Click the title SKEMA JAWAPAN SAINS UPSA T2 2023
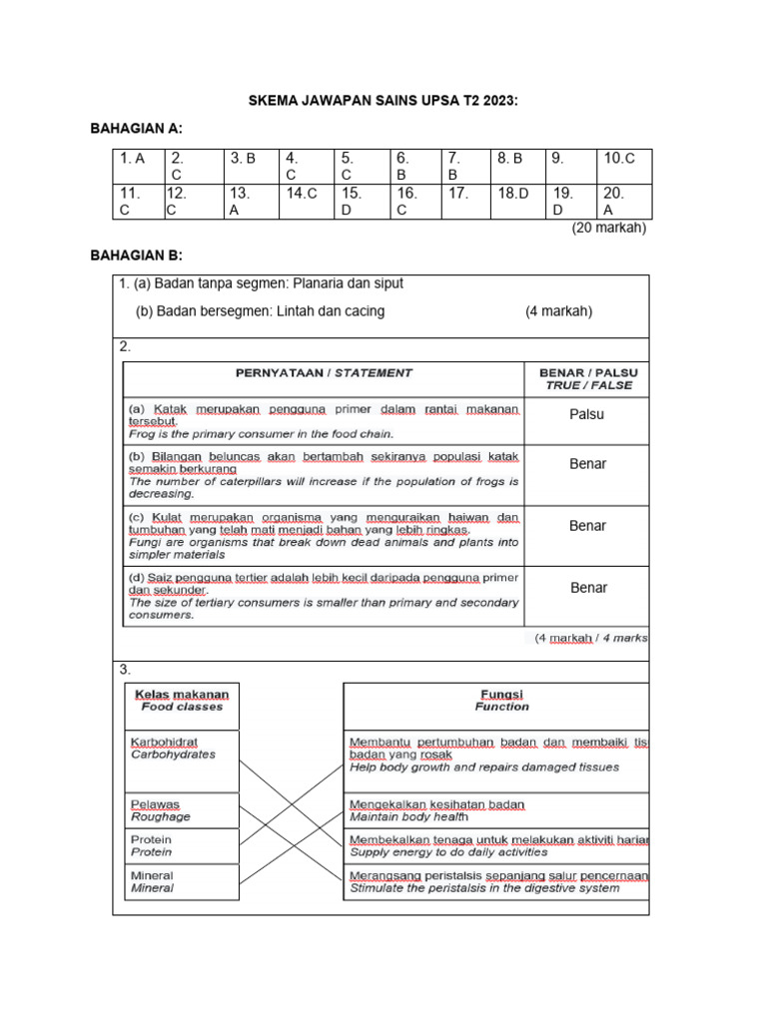pyautogui.click(x=383, y=102)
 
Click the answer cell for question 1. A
pyautogui.click(x=134, y=159)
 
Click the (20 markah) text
pyautogui.click(x=608, y=228)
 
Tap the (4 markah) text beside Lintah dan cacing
pyautogui.click(x=558, y=311)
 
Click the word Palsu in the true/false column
pyautogui.click(x=587, y=414)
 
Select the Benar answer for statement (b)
pyautogui.click(x=587, y=464)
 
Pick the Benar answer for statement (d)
pyautogui.click(x=588, y=588)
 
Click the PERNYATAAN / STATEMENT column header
pyautogui.click(x=323, y=372)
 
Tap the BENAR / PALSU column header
pyautogui.click(x=587, y=378)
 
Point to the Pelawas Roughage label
pyautogui.click(x=160, y=809)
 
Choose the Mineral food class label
pyautogui.click(x=152, y=881)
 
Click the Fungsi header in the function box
pyautogui.click(x=501, y=700)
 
